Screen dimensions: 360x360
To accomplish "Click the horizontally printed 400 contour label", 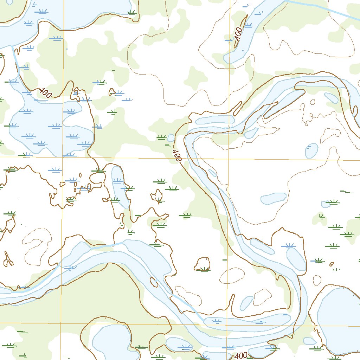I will tap(241, 355).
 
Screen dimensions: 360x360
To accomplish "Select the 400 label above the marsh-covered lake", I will tap(45, 92).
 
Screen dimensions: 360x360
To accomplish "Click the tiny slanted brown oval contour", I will tap(332, 264).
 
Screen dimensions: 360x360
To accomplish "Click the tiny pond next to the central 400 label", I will tap(171, 137).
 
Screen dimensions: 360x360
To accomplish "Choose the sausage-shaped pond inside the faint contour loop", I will tap(273, 198).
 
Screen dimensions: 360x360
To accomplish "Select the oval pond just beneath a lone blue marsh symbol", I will tap(295, 258).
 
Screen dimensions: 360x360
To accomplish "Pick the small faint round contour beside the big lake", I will tap(317, 280).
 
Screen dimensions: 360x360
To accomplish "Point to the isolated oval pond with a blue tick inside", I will tap(311, 150).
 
